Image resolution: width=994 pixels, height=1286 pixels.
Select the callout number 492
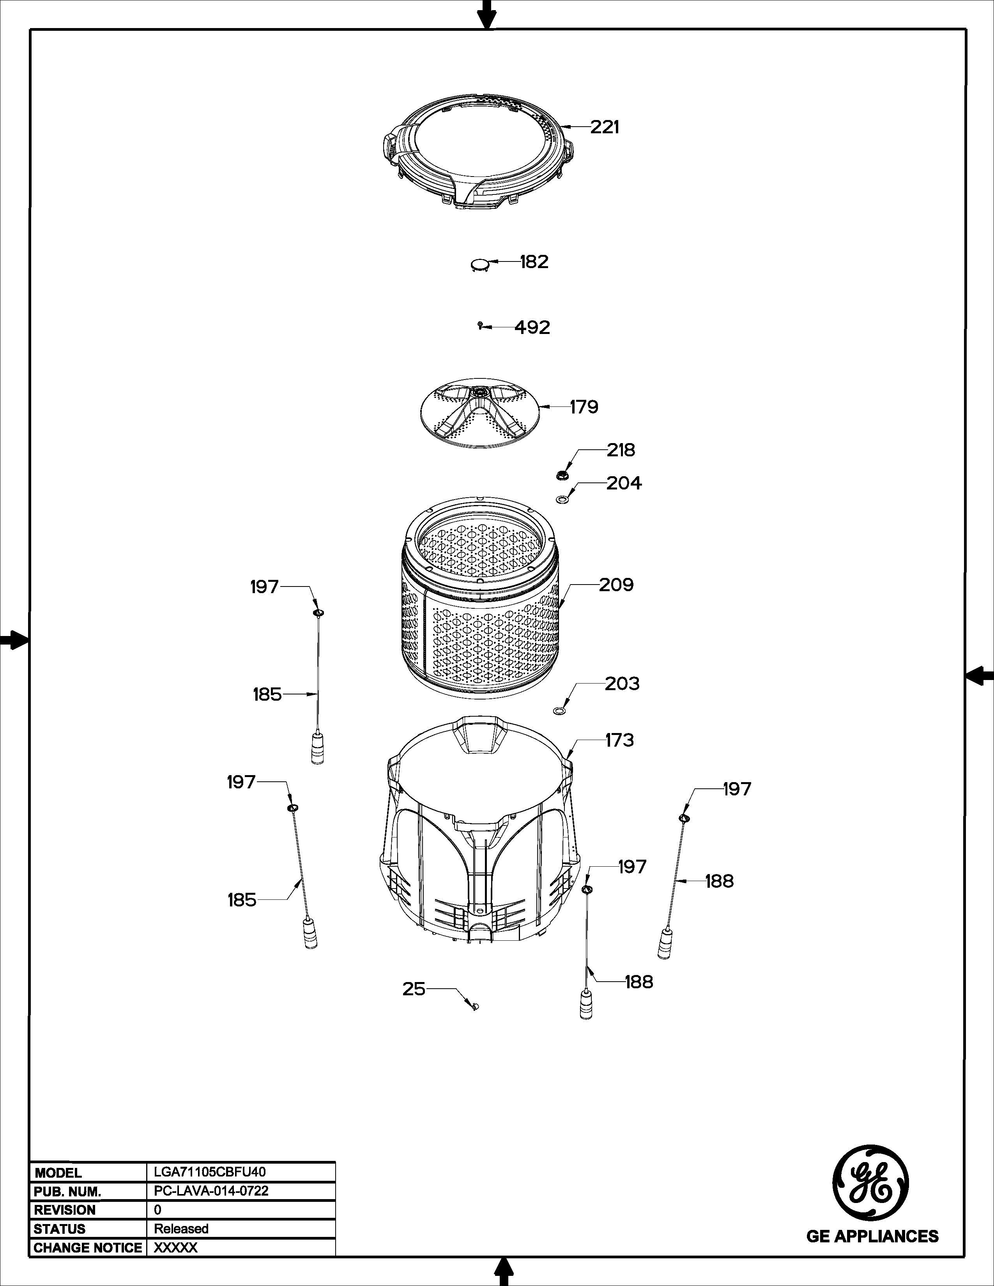coord(532,327)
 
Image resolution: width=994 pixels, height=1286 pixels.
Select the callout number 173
coord(619,740)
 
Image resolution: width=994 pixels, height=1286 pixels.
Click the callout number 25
coord(413,989)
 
